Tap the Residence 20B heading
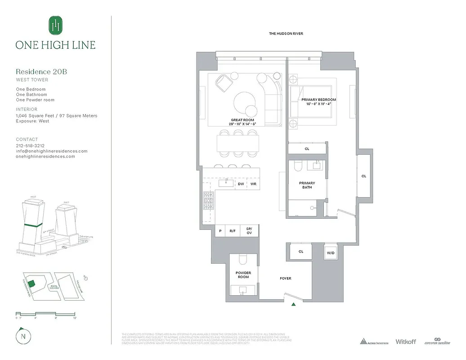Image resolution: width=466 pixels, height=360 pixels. click(x=41, y=72)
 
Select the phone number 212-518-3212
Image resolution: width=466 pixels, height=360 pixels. click(x=30, y=146)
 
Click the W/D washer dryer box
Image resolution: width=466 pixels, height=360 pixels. click(x=331, y=252)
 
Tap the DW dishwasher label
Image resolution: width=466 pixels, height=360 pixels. click(x=241, y=184)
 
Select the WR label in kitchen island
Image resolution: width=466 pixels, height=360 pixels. click(x=253, y=184)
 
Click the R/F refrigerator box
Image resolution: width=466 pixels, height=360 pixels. click(x=233, y=231)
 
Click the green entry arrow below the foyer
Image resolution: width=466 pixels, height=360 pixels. click(x=293, y=305)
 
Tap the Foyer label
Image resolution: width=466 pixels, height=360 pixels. click(x=285, y=279)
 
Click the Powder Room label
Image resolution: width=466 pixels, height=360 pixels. click(x=243, y=274)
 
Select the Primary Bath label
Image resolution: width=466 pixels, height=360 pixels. click(x=307, y=185)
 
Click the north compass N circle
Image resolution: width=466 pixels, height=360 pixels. click(x=22, y=337)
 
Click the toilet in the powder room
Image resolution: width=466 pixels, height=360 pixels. click(x=243, y=261)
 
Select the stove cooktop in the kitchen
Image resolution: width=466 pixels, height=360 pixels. click(x=209, y=201)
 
